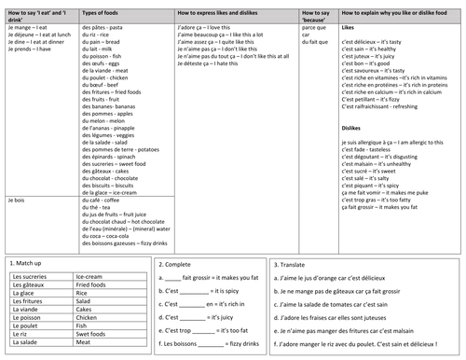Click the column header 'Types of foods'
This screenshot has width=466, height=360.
(110, 18)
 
